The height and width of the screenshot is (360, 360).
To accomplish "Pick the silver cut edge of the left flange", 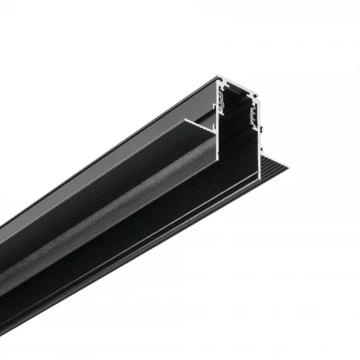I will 195,123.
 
